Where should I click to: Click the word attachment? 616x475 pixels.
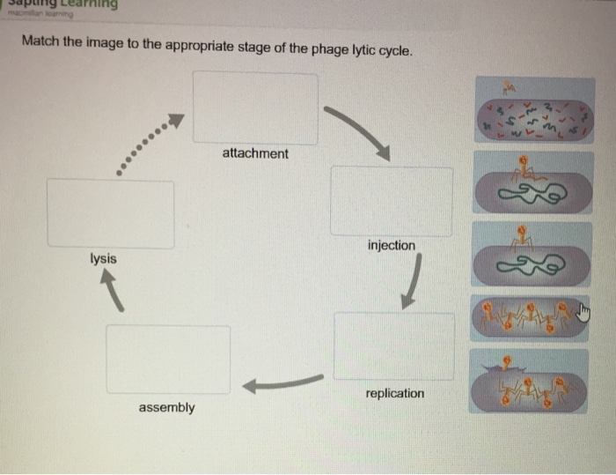pos(254,153)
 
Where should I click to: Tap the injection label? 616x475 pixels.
pos(392,245)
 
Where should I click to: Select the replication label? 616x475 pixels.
pos(394,393)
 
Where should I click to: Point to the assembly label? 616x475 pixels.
pos(166,408)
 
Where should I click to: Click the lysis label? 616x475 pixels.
pos(102,259)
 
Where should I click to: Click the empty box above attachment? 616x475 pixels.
pos(255,108)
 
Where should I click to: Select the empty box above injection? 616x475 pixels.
pos(392,200)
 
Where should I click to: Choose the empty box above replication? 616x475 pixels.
pos(394,345)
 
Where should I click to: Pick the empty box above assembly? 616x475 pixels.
pos(168,359)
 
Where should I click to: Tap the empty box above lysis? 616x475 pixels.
pos(110,212)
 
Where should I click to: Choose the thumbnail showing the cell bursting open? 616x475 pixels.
pos(529,381)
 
